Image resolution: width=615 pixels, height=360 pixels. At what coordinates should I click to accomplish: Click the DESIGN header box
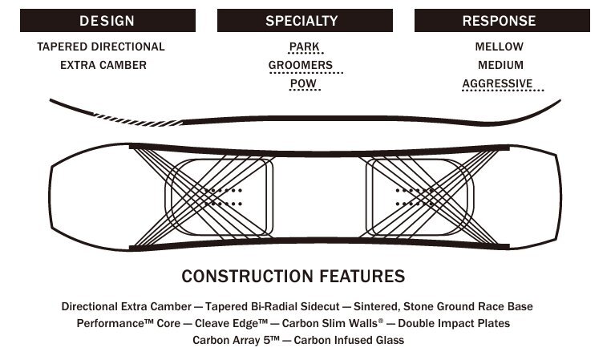[x=107, y=21]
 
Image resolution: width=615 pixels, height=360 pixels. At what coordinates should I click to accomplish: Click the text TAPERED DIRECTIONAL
[x=101, y=47]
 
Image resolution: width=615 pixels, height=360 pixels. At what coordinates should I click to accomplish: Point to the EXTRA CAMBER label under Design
[x=103, y=65]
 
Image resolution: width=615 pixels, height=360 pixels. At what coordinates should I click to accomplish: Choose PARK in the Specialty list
[x=305, y=47]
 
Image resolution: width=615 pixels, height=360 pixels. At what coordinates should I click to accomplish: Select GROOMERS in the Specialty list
[x=305, y=65]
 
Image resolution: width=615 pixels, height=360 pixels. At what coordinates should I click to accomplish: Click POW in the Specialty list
[x=305, y=83]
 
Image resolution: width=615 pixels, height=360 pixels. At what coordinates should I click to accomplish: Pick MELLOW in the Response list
[x=499, y=47]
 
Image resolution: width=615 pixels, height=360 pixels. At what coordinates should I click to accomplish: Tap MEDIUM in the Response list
[x=500, y=65]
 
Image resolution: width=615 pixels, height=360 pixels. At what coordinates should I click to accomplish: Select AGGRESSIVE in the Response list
[x=497, y=83]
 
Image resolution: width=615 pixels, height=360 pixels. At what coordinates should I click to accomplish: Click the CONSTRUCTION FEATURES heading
[x=293, y=277]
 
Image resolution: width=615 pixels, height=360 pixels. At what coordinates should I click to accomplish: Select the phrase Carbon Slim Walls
[x=330, y=323]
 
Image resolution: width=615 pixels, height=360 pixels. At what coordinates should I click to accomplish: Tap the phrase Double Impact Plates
[x=454, y=323]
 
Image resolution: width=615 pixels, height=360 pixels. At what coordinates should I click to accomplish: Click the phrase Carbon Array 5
[x=237, y=340]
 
